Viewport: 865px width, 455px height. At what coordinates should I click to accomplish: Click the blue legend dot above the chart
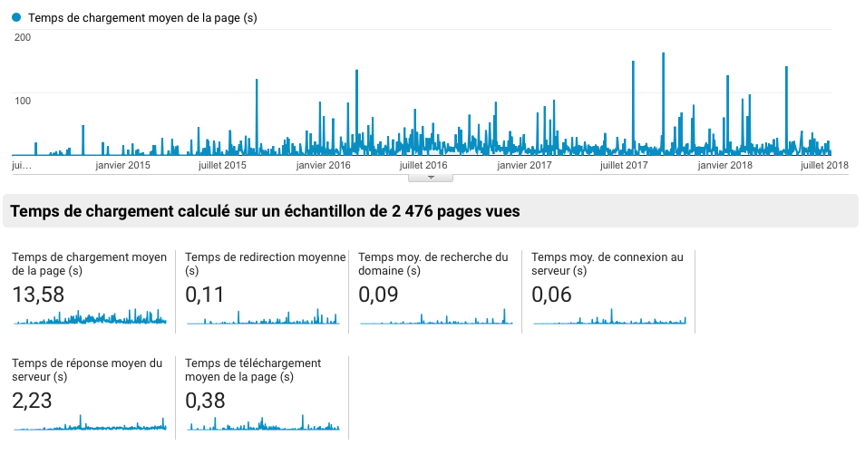coord(17,17)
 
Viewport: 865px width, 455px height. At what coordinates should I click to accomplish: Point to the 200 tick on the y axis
coord(24,37)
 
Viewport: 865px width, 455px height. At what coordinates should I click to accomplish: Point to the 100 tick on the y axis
coord(23,99)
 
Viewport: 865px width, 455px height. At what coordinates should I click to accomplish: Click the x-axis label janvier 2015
coord(122,165)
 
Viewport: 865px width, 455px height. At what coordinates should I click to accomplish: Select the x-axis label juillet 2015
coord(222,165)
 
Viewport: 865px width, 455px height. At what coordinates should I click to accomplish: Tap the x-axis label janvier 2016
coord(323,165)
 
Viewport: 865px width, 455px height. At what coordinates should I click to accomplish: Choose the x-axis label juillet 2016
coord(423,165)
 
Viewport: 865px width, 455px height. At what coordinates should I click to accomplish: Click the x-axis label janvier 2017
coord(524,165)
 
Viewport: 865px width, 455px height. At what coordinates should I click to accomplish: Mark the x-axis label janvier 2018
coord(725,165)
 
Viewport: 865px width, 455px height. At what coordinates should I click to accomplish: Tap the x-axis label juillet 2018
coord(824,165)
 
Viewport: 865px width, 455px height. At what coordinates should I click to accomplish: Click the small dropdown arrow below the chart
coord(432,178)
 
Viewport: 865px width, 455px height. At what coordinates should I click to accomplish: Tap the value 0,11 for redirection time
coord(205,295)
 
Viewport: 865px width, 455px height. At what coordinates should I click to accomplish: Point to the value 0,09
coord(378,295)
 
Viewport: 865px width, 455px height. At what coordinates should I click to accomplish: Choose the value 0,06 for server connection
coord(551,295)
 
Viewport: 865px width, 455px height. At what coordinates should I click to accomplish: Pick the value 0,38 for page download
coord(205,400)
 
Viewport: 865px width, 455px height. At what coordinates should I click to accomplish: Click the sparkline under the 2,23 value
coord(89,424)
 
